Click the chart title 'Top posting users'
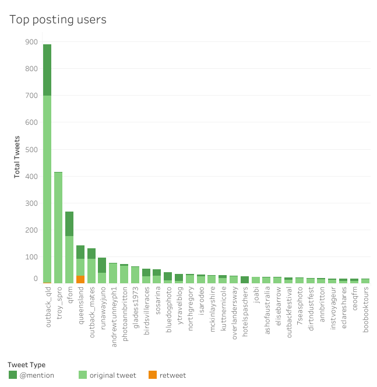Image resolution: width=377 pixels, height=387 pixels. tap(58, 19)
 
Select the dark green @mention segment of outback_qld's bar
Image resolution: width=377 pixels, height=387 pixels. tap(47, 70)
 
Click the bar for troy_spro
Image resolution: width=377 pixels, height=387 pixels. tap(58, 227)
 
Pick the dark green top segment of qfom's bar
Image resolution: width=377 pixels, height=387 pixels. tap(69, 224)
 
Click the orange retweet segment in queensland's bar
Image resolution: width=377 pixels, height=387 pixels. tap(80, 279)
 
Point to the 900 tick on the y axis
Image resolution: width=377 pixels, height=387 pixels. tap(31, 42)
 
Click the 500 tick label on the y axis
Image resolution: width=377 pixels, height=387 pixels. tap(31, 149)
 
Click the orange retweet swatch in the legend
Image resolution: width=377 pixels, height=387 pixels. tap(153, 375)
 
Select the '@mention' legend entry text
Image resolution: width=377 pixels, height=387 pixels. tap(37, 375)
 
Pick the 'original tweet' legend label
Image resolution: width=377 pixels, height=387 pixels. tap(112, 375)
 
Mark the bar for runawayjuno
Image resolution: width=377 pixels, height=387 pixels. tap(102, 270)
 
